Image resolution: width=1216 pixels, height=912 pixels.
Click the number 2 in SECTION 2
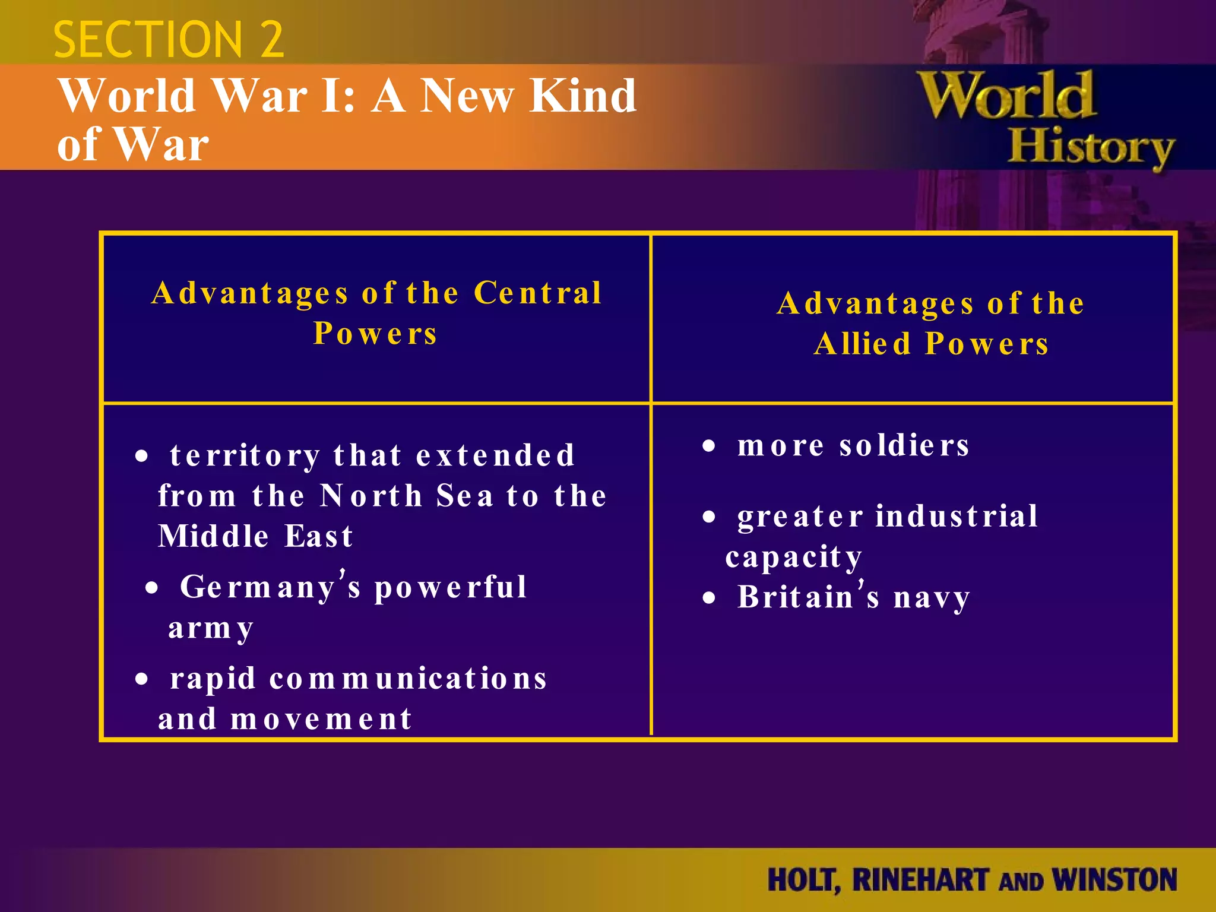(271, 40)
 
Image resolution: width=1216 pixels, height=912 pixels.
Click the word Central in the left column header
(538, 293)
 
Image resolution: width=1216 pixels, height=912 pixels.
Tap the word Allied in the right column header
(863, 344)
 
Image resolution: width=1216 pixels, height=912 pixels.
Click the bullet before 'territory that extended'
(141, 457)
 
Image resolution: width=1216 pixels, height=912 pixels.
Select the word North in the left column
(371, 496)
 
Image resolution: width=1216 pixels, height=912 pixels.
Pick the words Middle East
(256, 536)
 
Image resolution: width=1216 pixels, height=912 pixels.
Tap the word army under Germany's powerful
(211, 628)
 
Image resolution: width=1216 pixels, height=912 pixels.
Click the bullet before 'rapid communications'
(141, 679)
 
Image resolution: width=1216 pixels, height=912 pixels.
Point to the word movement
(321, 719)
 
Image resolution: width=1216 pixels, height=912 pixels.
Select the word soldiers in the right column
(904, 445)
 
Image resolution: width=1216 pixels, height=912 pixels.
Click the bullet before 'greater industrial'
(709, 517)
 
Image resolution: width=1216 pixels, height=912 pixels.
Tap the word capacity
(794, 557)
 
